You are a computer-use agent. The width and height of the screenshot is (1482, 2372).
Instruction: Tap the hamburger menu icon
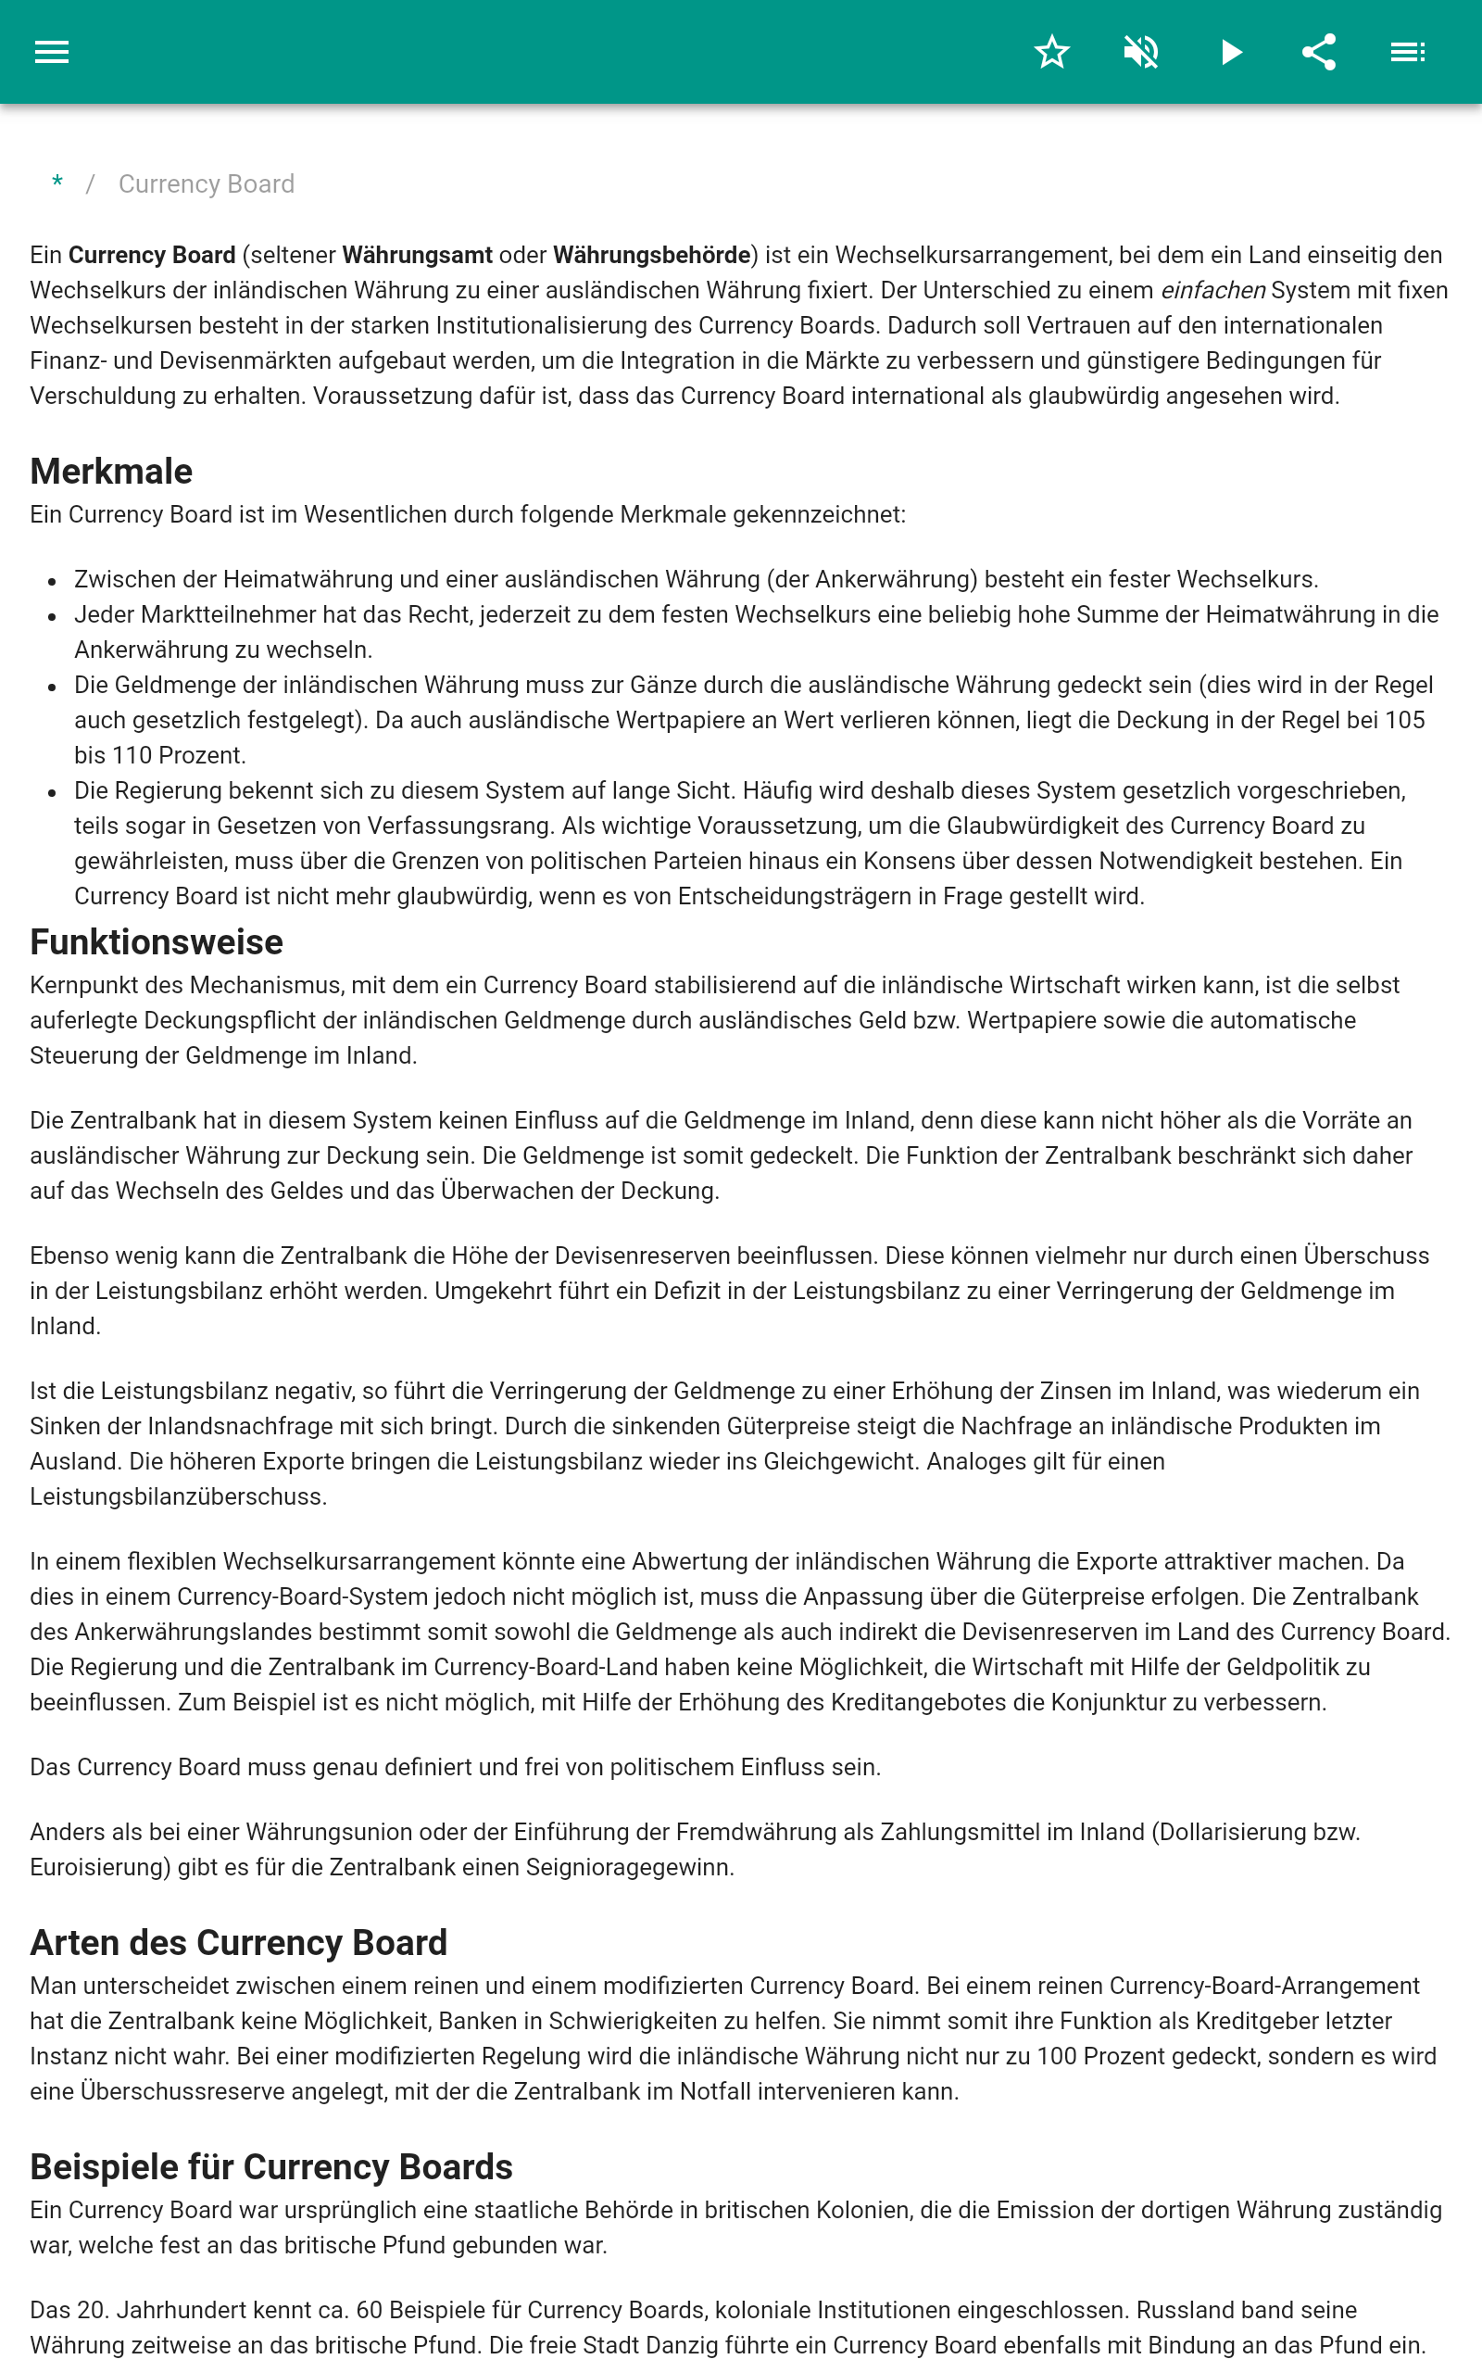coord(52,52)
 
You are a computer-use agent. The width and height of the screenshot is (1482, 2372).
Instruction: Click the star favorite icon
coord(1051,52)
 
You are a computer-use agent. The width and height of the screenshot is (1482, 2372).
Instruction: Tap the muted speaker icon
coord(1141,52)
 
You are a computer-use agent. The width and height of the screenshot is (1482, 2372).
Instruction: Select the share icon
coord(1319,52)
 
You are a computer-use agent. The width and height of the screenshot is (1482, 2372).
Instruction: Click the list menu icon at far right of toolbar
coord(1408,52)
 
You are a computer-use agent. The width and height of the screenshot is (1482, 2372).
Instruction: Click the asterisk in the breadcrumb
coord(57,183)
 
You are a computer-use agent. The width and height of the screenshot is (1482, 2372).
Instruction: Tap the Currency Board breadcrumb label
coord(206,184)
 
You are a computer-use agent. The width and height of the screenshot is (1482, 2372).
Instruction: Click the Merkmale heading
coord(111,472)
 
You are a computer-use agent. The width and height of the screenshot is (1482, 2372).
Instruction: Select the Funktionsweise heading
coord(156,942)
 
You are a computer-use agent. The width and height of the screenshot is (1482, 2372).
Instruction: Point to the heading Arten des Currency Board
coord(238,1943)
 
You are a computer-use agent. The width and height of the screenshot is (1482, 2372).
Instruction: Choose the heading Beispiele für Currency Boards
coord(270,2167)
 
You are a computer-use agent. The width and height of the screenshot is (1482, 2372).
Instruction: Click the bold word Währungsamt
coord(417,256)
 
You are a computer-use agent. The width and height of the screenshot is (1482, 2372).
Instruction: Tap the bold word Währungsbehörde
coord(651,256)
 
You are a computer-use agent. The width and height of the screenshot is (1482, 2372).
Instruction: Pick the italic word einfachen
coord(1212,291)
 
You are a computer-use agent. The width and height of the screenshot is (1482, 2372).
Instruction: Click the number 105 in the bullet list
coord(1403,721)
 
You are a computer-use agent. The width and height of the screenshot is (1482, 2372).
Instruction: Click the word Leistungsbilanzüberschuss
coord(178,1496)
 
